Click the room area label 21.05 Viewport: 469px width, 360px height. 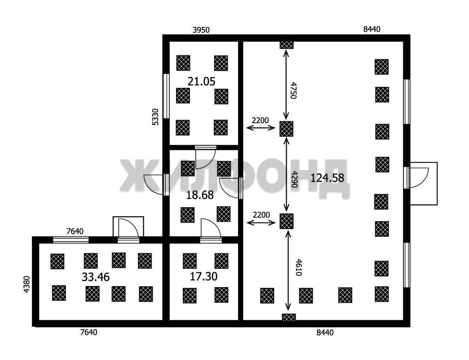point(201,81)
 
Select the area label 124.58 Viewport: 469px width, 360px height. point(327,178)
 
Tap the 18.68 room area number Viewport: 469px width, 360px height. point(200,195)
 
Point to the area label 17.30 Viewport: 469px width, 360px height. point(204,276)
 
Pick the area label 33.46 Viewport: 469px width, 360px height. point(96,277)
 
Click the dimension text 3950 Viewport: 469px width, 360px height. point(201,30)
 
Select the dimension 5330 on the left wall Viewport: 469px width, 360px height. point(155,116)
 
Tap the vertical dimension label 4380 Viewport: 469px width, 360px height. point(26,284)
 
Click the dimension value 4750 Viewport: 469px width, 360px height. point(293,90)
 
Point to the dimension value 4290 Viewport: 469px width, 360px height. point(294,180)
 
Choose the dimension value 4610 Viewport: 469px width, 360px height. point(298,267)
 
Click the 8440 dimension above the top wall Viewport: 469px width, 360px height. point(372,29)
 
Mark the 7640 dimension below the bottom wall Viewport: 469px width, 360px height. point(89,332)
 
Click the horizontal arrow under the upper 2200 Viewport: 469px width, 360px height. point(261,128)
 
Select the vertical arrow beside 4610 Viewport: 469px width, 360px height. point(288,271)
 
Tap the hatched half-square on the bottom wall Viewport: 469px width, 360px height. point(289,317)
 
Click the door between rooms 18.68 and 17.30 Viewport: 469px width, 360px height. point(211,230)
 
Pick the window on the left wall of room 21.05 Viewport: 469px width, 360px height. point(166,96)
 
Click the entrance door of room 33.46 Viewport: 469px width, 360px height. point(128,230)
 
